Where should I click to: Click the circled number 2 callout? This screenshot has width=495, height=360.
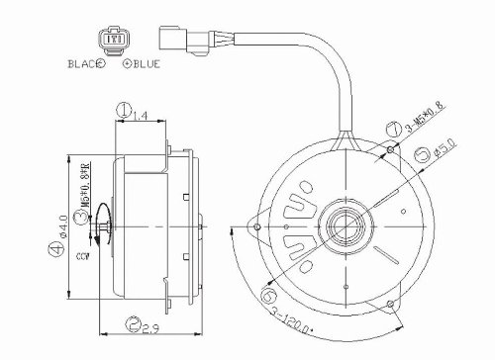coord(134,321)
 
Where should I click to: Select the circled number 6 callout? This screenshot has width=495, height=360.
coord(268,291)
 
